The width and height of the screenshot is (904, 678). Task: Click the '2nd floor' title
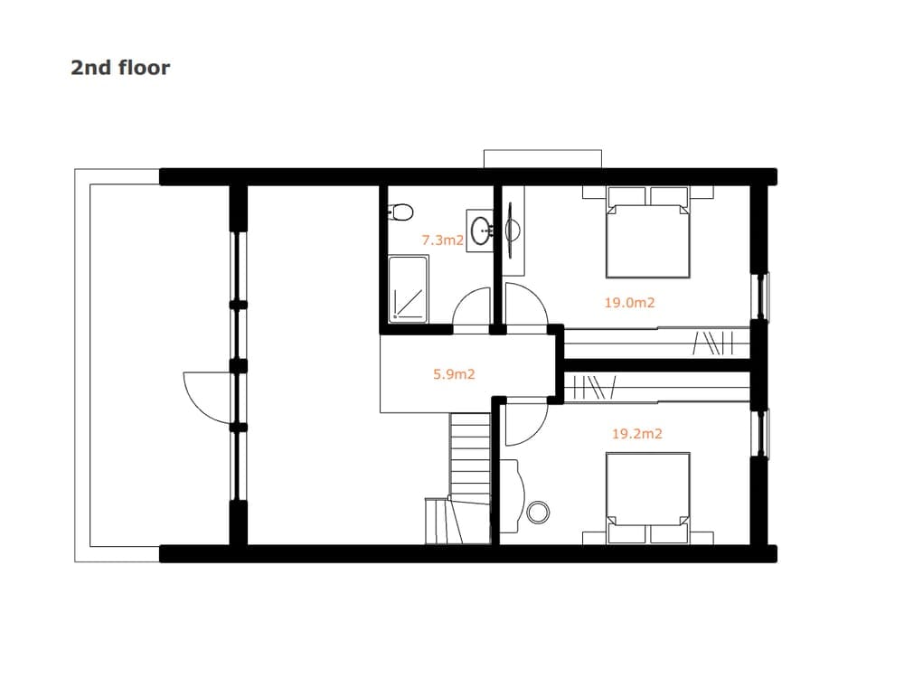coord(120,68)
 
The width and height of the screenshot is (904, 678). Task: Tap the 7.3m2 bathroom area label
coord(443,240)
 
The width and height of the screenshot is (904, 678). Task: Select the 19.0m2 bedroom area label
coord(629,302)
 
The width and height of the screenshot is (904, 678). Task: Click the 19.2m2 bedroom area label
coord(637,434)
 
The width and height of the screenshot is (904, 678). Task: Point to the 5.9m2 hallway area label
coord(455,374)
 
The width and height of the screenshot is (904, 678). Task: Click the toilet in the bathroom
coord(401,212)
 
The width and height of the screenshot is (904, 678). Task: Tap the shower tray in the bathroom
coord(409,289)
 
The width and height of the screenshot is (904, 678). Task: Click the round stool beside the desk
coord(538,512)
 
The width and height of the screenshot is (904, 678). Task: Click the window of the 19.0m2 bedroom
coord(761,297)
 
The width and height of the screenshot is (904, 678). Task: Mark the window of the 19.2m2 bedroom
coord(761,433)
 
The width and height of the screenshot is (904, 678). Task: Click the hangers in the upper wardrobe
coord(713,343)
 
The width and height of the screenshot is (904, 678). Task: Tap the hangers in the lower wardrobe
coord(596,387)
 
